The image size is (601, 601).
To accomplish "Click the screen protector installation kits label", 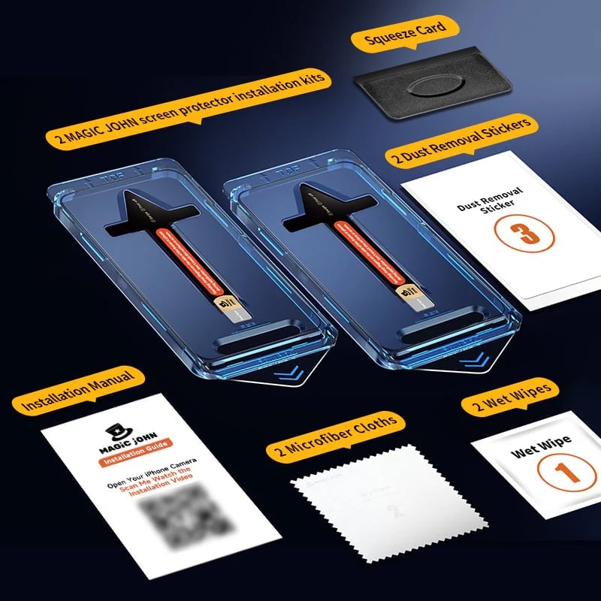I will click(x=188, y=108).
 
